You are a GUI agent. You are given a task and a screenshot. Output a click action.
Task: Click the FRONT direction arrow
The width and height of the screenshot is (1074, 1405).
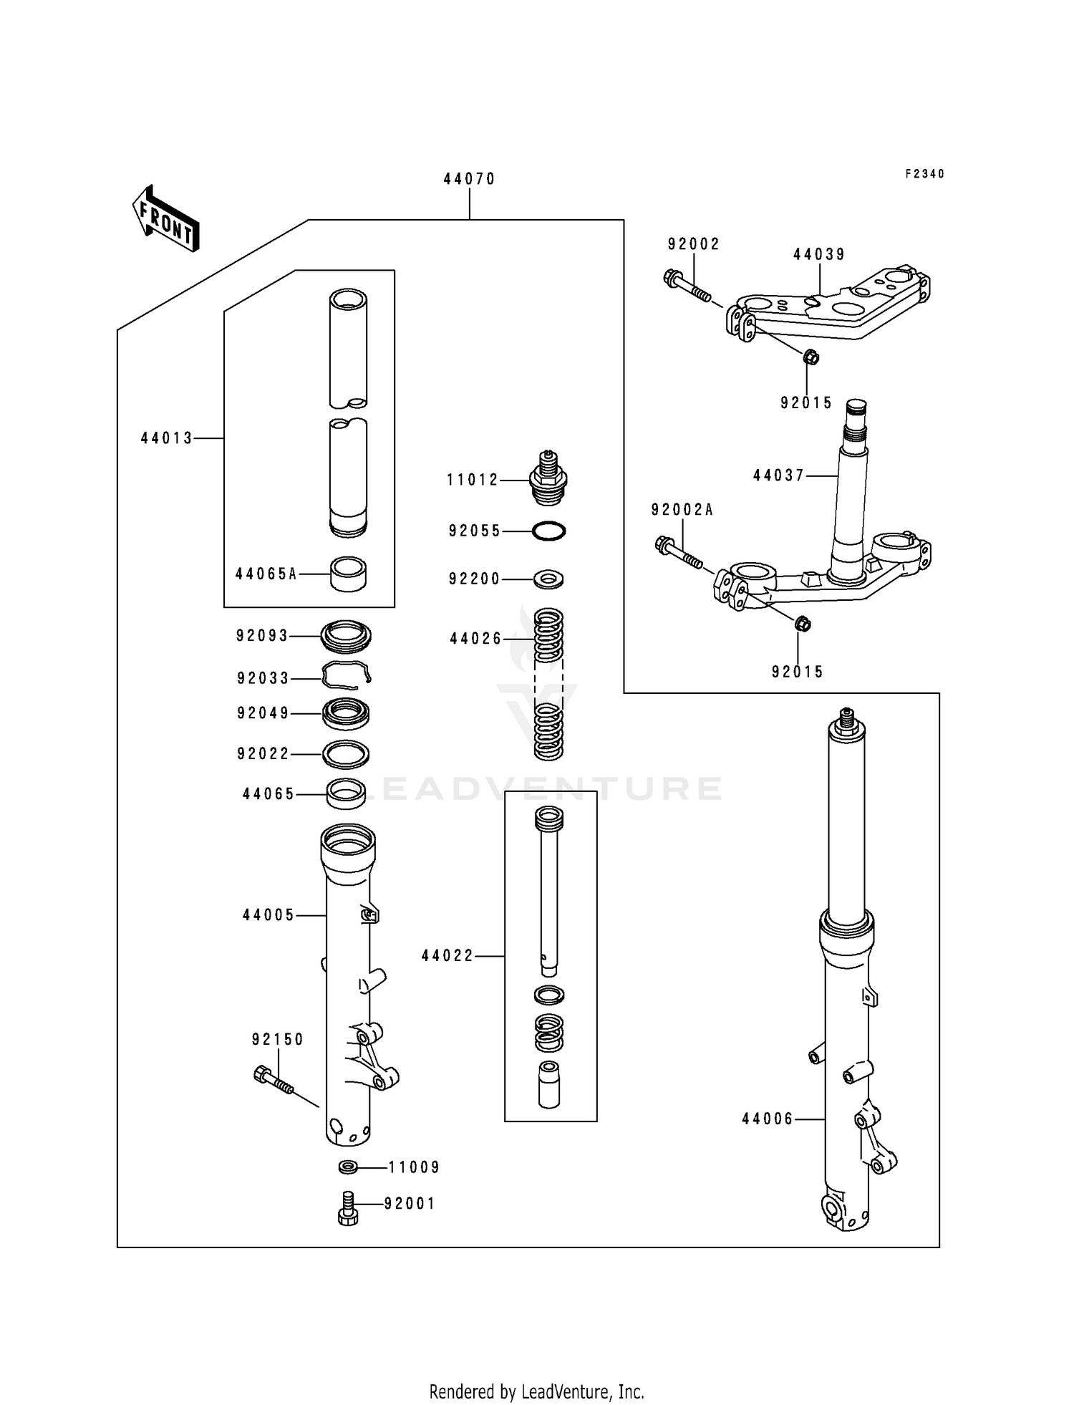pyautogui.click(x=165, y=218)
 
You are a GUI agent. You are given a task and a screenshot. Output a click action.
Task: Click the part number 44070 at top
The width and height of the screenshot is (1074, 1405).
pyautogui.click(x=469, y=179)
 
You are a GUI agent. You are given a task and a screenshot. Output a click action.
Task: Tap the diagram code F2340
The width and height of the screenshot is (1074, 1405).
pyautogui.click(x=924, y=174)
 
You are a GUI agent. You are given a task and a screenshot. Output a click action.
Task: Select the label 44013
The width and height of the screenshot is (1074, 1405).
pyautogui.click(x=167, y=438)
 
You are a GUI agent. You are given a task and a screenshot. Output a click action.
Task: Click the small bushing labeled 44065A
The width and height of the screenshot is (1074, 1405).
pyautogui.click(x=348, y=574)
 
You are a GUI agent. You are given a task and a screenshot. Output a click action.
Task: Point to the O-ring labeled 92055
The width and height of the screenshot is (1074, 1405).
pyautogui.click(x=549, y=531)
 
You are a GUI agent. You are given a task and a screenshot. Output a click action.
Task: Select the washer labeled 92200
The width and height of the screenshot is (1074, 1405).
pyautogui.click(x=549, y=578)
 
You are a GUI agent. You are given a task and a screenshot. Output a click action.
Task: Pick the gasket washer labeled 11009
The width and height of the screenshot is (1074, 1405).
pyautogui.click(x=349, y=1168)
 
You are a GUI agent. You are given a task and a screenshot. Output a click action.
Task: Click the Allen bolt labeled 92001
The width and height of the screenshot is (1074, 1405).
pyautogui.click(x=348, y=1209)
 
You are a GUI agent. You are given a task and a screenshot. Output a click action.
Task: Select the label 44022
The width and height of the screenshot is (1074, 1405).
pyautogui.click(x=447, y=956)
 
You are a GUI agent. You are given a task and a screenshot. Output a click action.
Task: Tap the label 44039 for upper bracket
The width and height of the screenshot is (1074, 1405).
pyautogui.click(x=819, y=254)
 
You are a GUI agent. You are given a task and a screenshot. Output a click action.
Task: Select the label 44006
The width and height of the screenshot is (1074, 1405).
pyautogui.click(x=768, y=1119)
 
